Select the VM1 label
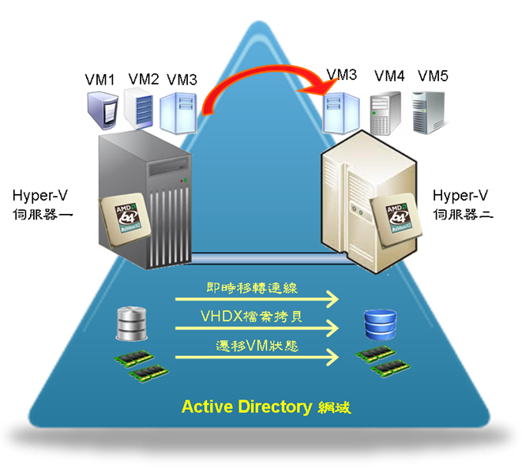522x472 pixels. coord(100,79)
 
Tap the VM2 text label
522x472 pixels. coord(143,79)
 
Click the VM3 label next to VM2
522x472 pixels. coord(182,79)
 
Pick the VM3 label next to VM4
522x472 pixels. coord(342,76)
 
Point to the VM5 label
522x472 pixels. coord(433,76)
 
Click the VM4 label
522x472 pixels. coord(389,76)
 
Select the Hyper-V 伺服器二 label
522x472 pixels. coord(463,204)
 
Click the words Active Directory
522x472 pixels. coord(246,407)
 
